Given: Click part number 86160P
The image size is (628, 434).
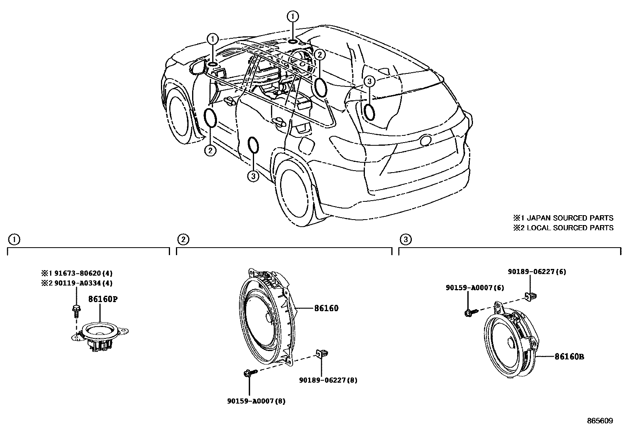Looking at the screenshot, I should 103,299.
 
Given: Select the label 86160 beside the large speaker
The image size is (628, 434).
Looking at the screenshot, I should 326,308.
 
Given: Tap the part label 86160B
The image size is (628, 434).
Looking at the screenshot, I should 569,357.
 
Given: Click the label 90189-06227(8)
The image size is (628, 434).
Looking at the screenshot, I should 328,380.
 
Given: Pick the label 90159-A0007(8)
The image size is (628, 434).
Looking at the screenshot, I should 256,401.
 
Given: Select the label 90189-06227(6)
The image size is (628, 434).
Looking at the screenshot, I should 536,271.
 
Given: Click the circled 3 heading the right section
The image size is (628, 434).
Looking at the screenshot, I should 406,239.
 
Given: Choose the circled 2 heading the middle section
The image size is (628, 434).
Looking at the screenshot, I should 183,239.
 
